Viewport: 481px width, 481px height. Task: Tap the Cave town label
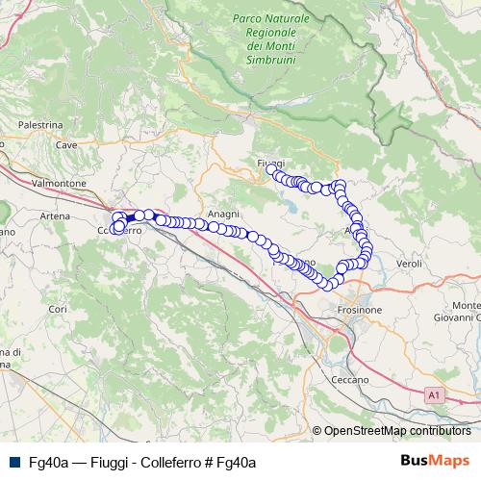(x=65, y=145)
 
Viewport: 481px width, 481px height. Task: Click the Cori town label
(x=58, y=309)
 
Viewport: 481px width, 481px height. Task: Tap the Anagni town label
(x=222, y=214)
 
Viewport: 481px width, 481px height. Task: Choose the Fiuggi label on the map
(x=271, y=164)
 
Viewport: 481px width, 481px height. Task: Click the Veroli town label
(x=409, y=263)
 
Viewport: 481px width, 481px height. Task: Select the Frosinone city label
(x=361, y=310)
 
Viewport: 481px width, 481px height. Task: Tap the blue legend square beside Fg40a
(x=13, y=462)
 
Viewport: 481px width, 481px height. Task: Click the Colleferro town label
(x=120, y=231)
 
